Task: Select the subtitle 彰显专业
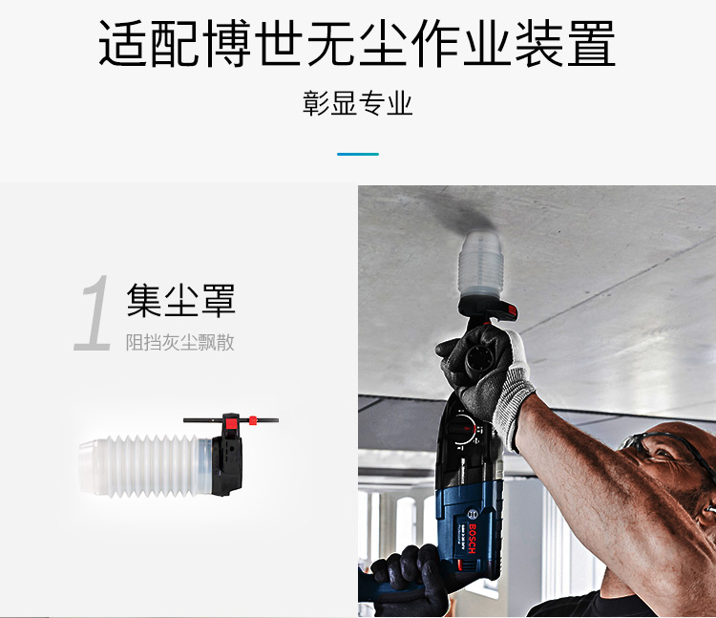pyautogui.click(x=357, y=103)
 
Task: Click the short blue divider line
pyautogui.click(x=357, y=154)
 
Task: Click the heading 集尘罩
pyautogui.click(x=180, y=300)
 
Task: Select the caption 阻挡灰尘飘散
pyautogui.click(x=179, y=342)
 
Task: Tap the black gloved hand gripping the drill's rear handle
pyautogui.click(x=406, y=579)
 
